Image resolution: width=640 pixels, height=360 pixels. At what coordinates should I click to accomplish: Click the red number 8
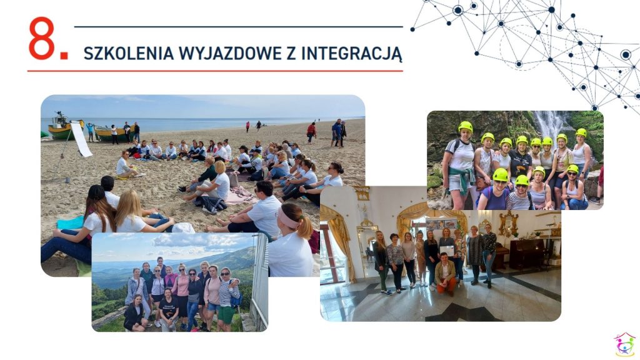point(41,38)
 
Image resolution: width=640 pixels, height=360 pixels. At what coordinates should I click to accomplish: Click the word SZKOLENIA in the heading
point(129,54)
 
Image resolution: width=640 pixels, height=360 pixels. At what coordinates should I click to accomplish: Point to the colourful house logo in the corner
point(624,345)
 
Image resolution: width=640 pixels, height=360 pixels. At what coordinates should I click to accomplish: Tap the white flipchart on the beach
point(82,139)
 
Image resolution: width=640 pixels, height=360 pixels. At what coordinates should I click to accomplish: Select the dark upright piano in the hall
point(526,254)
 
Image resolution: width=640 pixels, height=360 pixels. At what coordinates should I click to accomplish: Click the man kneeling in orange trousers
point(445,274)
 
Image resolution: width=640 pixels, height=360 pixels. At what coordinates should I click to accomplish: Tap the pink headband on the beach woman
point(289,219)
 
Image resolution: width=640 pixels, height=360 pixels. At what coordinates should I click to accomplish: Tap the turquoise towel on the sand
point(71,223)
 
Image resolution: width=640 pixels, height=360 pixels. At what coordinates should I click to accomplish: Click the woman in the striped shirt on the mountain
point(227,298)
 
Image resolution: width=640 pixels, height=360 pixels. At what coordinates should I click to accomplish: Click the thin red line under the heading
point(215,71)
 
